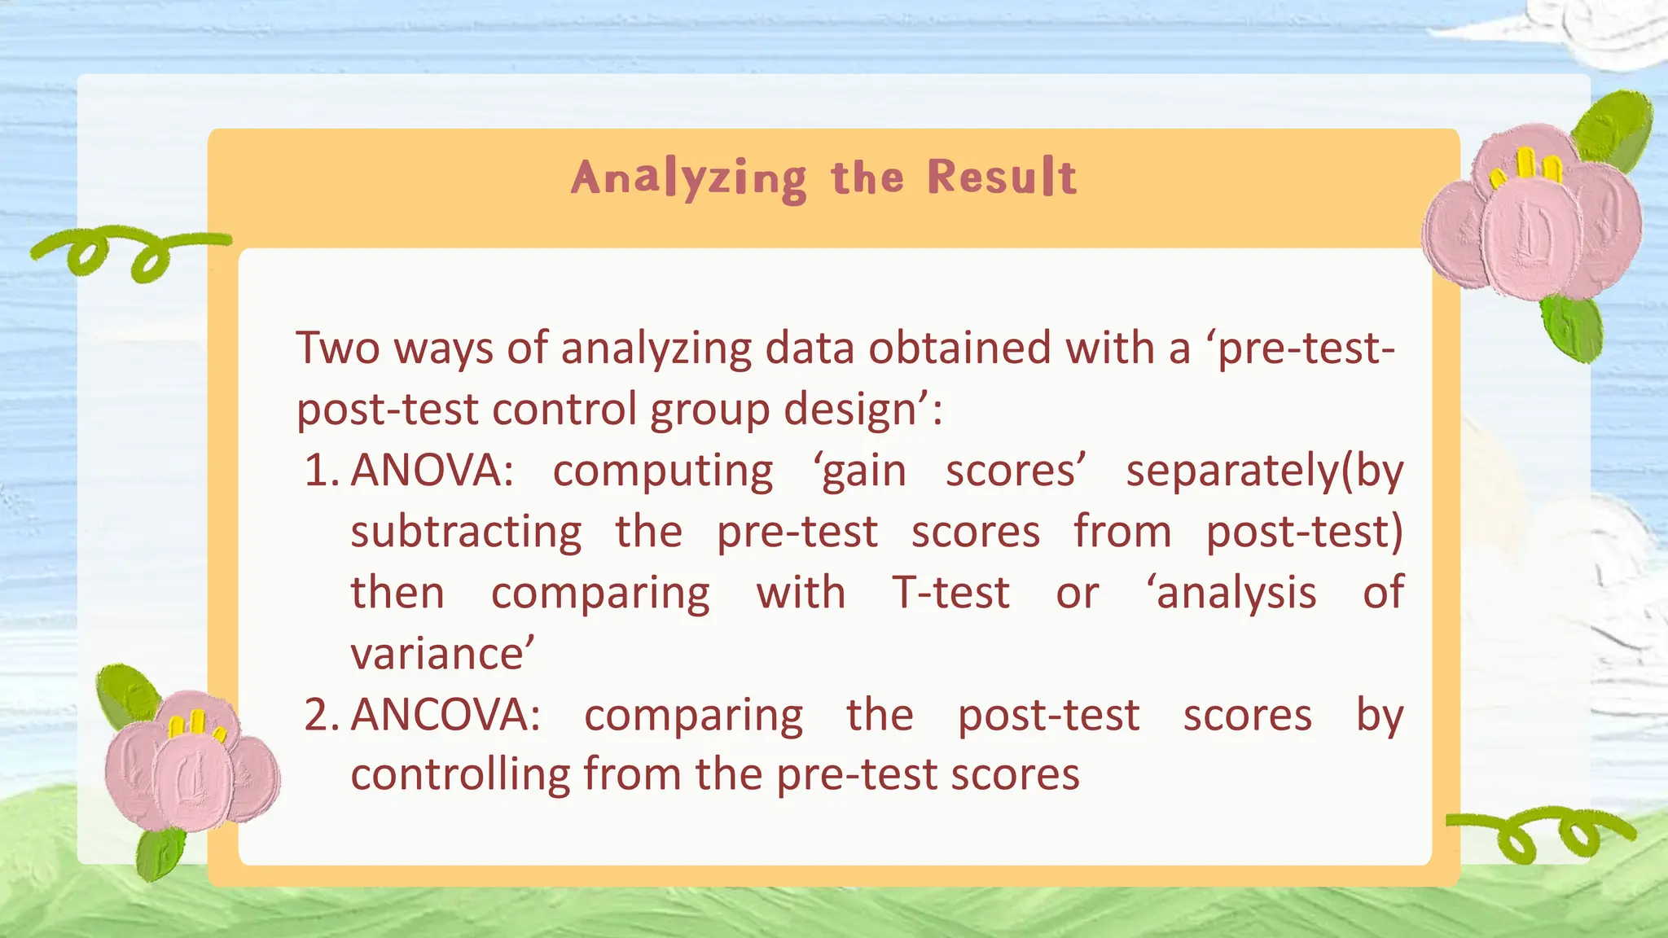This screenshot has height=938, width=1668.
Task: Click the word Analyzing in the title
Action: pyautogui.click(x=688, y=178)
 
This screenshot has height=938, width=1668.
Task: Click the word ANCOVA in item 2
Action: pyautogui.click(x=445, y=716)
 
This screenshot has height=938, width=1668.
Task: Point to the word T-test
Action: pyautogui.click(x=950, y=593)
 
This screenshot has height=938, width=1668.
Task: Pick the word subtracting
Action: pyautogui.click(x=466, y=533)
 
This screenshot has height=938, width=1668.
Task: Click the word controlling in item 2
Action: pyautogui.click(x=460, y=774)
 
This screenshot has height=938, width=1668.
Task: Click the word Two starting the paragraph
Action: pyautogui.click(x=337, y=348)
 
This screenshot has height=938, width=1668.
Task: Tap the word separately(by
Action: pyautogui.click(x=1265, y=471)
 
